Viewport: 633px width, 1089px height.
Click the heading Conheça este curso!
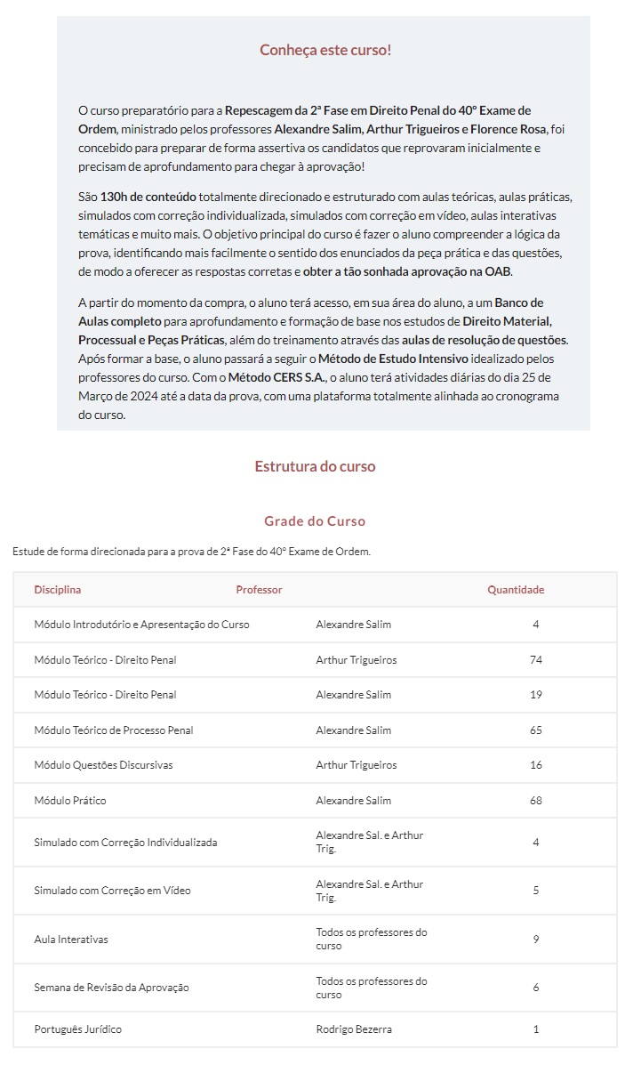pyautogui.click(x=325, y=50)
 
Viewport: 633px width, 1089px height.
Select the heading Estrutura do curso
pyautogui.click(x=315, y=466)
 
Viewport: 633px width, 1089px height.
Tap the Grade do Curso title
pyautogui.click(x=315, y=521)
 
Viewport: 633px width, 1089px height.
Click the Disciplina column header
pyautogui.click(x=57, y=590)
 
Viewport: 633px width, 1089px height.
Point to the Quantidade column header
pyautogui.click(x=516, y=590)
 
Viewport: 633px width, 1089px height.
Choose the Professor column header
pyautogui.click(x=259, y=590)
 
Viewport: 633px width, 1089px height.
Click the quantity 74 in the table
pyautogui.click(x=535, y=660)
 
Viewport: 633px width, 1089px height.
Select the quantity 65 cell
pyautogui.click(x=535, y=730)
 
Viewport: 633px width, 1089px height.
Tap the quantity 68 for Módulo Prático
pyautogui.click(x=535, y=801)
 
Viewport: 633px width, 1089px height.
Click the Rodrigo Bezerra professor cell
pyautogui.click(x=353, y=1029)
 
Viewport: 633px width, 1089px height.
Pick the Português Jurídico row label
pyautogui.click(x=77, y=1029)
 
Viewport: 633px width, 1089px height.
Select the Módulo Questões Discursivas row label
pyautogui.click(x=103, y=765)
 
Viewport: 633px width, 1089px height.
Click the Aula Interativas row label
pyautogui.click(x=71, y=940)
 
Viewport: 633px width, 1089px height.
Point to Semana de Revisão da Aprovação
pyautogui.click(x=111, y=988)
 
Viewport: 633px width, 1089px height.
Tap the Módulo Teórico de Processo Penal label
pyautogui.click(x=113, y=730)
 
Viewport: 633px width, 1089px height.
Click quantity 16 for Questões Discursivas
pyautogui.click(x=535, y=765)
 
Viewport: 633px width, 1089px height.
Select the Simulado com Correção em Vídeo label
pyautogui.click(x=112, y=891)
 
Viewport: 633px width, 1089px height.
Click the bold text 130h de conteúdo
pyautogui.click(x=148, y=196)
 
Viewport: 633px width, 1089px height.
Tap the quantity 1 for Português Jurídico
pyautogui.click(x=536, y=1029)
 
